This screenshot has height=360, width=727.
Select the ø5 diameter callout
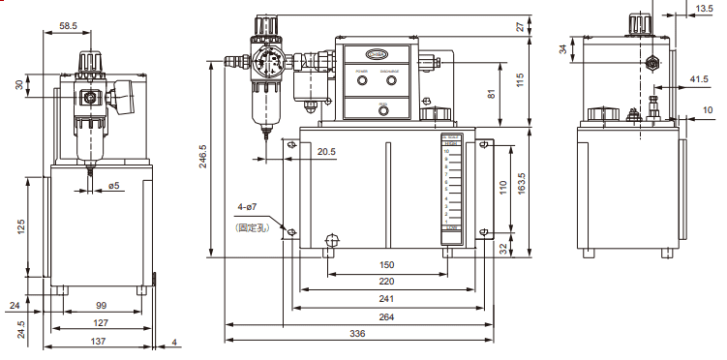click(113, 185)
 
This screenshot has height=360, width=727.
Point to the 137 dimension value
click(101, 343)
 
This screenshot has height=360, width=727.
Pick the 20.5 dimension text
click(326, 152)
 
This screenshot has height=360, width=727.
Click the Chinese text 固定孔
click(250, 228)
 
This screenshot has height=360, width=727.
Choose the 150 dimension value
click(386, 264)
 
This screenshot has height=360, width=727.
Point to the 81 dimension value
click(492, 94)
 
